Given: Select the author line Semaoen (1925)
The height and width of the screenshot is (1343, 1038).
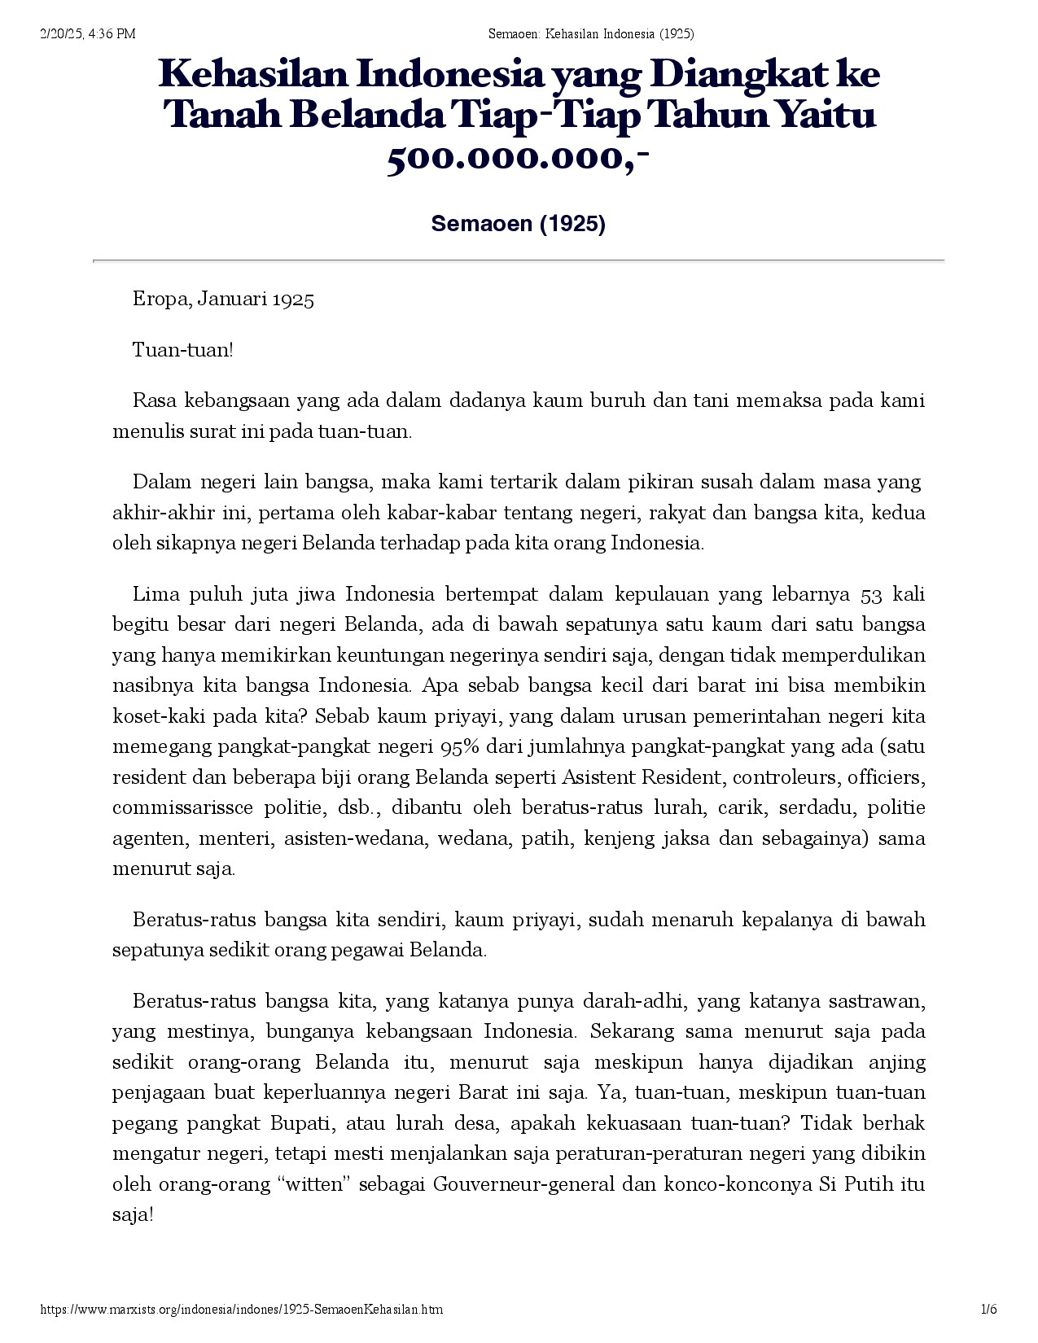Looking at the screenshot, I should pos(518,224).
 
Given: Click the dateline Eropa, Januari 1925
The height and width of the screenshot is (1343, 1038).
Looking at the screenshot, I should pos(223,299).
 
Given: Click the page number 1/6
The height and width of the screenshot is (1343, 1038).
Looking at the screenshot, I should pos(989,1310).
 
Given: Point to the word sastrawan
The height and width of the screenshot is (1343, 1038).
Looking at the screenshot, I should pos(876,1000).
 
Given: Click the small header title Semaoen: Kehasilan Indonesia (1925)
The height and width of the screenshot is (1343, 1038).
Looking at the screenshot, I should pos(591,33).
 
